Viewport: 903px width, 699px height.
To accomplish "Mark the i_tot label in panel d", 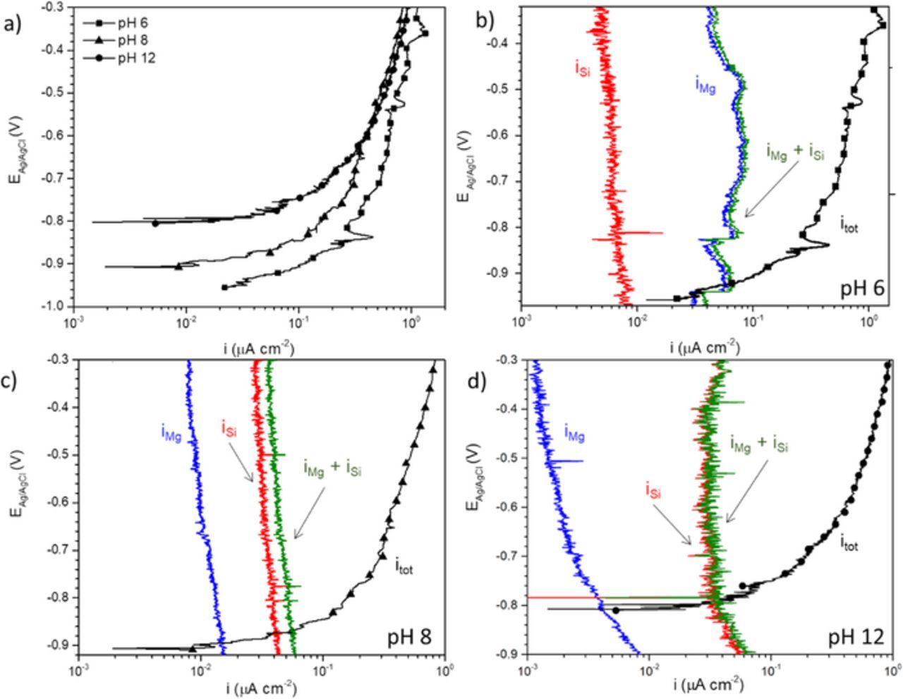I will point(849,543).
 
